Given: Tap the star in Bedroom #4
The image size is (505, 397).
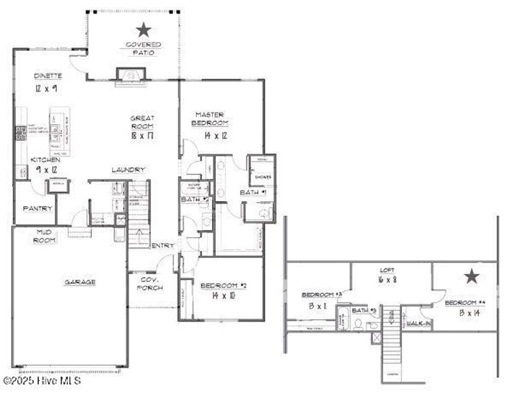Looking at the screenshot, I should (x=472, y=277).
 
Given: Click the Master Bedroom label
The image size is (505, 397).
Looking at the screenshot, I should (x=210, y=119).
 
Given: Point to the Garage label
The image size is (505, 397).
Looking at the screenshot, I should (x=80, y=282).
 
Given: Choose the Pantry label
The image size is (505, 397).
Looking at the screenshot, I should (x=37, y=208).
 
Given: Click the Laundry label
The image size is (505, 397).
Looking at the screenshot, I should (x=128, y=170).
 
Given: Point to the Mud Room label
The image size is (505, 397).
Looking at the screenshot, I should (x=45, y=236).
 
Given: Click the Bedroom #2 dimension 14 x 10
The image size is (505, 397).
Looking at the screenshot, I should (x=223, y=296).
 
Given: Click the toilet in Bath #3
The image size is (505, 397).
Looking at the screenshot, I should (x=359, y=324).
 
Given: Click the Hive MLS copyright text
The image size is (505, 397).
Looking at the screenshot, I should (x=42, y=381).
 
